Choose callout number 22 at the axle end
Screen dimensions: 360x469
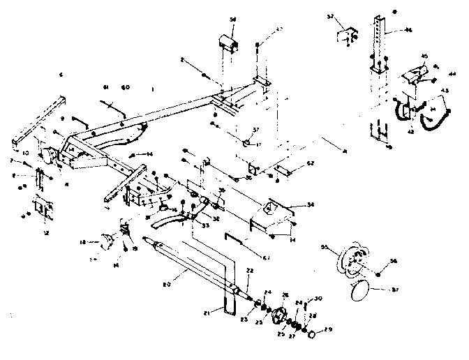pyautogui.click(x=249, y=271)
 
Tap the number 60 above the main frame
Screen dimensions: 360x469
pyautogui.click(x=126, y=88)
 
